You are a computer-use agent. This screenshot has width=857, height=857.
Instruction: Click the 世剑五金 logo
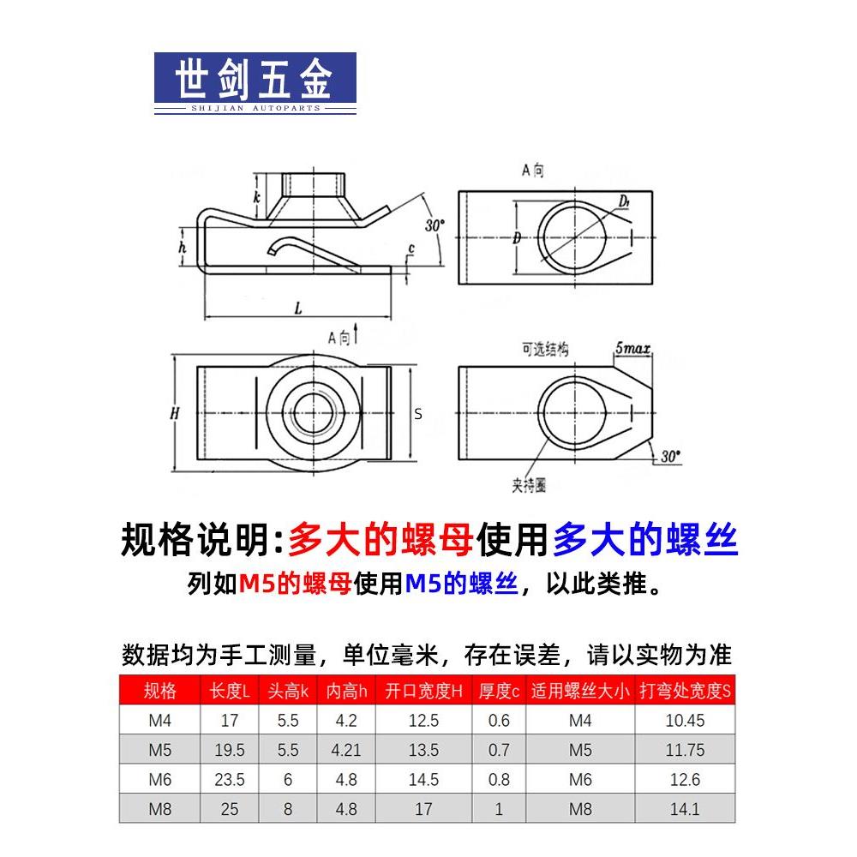tap(255, 83)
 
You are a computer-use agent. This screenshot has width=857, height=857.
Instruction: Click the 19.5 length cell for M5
tap(229, 750)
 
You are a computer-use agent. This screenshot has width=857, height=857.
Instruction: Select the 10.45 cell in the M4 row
tap(684, 721)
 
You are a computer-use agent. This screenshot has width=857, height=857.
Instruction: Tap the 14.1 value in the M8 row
tap(684, 808)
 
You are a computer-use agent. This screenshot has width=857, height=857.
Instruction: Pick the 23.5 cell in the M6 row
tap(229, 779)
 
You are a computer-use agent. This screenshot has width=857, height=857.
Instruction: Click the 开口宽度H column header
tap(423, 691)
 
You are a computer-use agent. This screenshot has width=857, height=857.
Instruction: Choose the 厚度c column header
tap(499, 691)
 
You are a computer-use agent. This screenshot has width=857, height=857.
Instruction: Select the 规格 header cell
tap(160, 691)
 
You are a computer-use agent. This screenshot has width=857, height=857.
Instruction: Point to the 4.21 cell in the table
tap(345, 750)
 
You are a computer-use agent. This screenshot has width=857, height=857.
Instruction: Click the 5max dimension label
tap(632, 349)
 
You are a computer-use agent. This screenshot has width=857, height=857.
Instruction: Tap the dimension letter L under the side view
tap(297, 306)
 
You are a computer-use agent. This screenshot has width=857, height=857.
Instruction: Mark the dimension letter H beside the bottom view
tap(175, 413)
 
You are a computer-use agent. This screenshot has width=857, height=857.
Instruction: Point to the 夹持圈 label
tap(529, 486)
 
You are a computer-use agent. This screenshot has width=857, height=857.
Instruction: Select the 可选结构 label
tap(545, 349)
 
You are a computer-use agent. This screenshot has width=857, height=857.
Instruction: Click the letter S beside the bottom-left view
tap(418, 414)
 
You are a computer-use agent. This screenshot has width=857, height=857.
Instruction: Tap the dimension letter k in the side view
tap(255, 198)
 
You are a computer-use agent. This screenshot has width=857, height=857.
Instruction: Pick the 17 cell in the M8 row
tap(423, 808)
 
